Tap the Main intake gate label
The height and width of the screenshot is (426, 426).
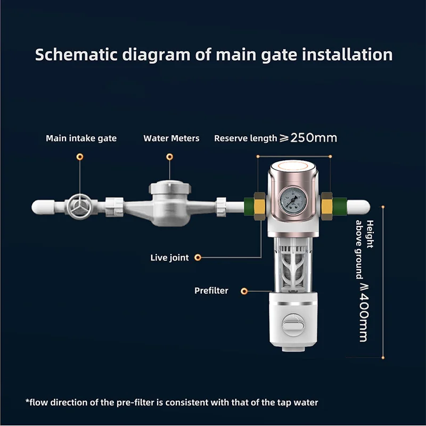[81, 138]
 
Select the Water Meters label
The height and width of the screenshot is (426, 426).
[171, 138]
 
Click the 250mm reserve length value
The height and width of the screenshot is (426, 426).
[314, 138]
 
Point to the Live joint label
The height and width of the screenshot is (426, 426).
[169, 258]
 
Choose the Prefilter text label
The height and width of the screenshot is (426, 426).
[211, 291]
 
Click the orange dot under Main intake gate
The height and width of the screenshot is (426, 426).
[80, 157]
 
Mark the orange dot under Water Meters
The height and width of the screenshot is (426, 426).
[169, 157]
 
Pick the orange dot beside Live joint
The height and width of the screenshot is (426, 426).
[198, 258]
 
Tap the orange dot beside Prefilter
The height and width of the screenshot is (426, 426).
[244, 291]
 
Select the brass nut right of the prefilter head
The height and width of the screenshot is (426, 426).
[326, 205]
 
